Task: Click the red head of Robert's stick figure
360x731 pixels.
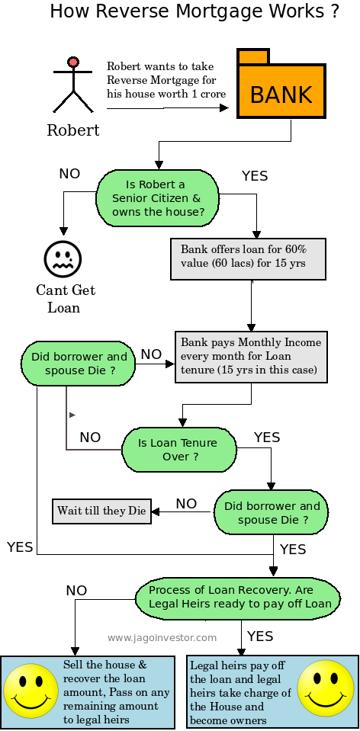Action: pyautogui.click(x=73, y=62)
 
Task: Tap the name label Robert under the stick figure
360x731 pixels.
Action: pyautogui.click(x=73, y=130)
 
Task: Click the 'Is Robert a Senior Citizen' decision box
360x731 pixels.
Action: pyautogui.click(x=158, y=198)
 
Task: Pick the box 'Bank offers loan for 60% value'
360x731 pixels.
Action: pyautogui.click(x=249, y=259)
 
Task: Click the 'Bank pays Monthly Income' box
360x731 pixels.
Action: pyautogui.click(x=252, y=356)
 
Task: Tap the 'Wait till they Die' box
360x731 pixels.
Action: pyautogui.click(x=101, y=511)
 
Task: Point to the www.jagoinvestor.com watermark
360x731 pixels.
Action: pyautogui.click(x=162, y=638)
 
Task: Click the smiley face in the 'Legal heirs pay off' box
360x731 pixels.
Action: pyautogui.click(x=325, y=688)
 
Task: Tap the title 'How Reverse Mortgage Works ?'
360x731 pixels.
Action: pyautogui.click(x=194, y=13)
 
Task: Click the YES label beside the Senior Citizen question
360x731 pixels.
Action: pyautogui.click(x=255, y=176)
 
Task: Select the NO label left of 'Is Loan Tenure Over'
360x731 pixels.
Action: pyautogui.click(x=90, y=438)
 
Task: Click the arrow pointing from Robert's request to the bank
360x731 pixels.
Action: pyautogui.click(x=167, y=108)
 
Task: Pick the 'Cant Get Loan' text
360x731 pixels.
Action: pyautogui.click(x=66, y=299)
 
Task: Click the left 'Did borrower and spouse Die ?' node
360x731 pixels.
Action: pyautogui.click(x=79, y=363)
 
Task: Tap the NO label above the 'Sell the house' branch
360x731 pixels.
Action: pyautogui.click(x=76, y=591)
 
